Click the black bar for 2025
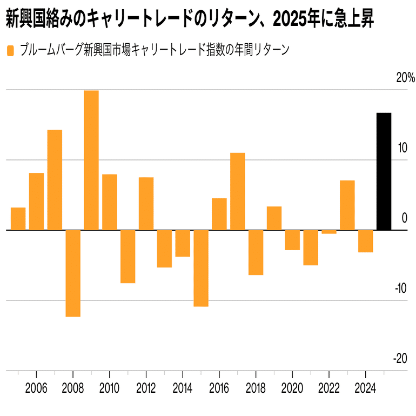(x=384, y=171)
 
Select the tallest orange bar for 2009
(x=91, y=160)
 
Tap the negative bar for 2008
(x=73, y=273)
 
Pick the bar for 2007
(x=55, y=180)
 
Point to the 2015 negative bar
(x=201, y=268)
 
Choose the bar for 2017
(x=238, y=191)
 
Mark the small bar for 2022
(x=329, y=232)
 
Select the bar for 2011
(x=128, y=257)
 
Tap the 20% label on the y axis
(x=405, y=78)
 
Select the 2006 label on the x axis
(x=36, y=390)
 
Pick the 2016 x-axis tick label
(x=219, y=390)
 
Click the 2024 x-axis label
(x=365, y=390)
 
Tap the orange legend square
(x=10, y=51)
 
